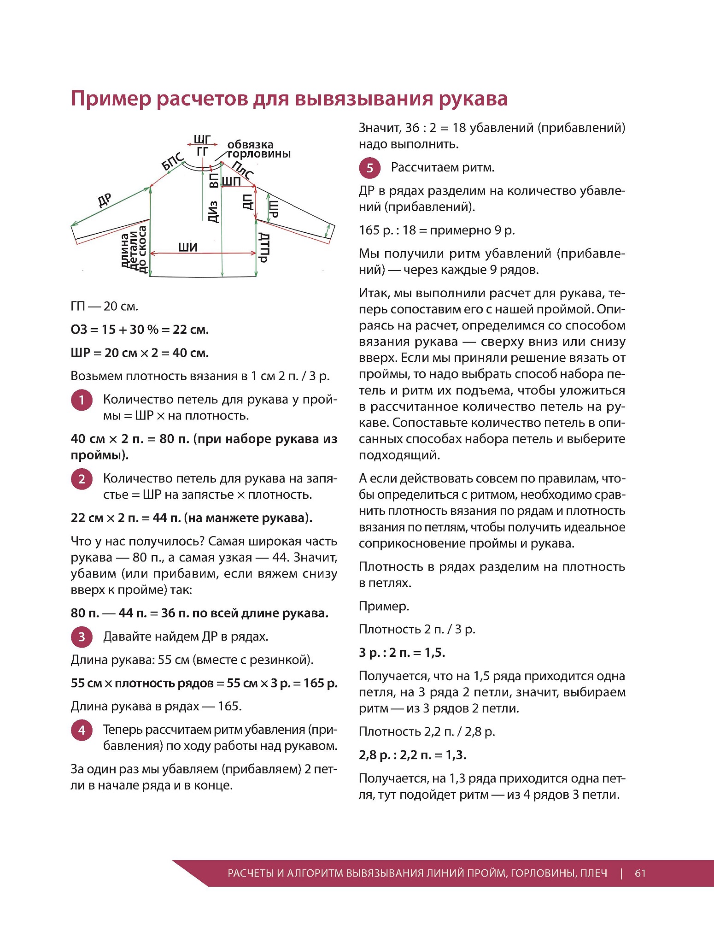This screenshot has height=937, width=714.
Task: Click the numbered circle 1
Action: (x=82, y=400)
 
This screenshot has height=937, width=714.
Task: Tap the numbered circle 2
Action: (x=82, y=479)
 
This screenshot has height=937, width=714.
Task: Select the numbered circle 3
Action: (x=82, y=637)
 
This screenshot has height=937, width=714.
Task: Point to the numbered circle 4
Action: (x=82, y=730)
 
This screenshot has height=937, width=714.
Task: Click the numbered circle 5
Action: (x=370, y=168)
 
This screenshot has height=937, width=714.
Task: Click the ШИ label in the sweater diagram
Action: (x=188, y=248)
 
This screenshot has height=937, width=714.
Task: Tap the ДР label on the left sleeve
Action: (x=105, y=200)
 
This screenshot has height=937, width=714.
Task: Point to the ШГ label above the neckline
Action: (x=202, y=139)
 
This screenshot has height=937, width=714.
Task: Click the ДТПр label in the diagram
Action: (x=263, y=248)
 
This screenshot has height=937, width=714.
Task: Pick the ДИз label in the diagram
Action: (x=213, y=212)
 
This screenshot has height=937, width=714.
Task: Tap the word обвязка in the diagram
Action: (x=251, y=145)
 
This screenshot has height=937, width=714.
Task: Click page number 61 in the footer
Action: (x=640, y=873)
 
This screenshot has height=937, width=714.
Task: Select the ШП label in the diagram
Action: (x=231, y=181)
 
